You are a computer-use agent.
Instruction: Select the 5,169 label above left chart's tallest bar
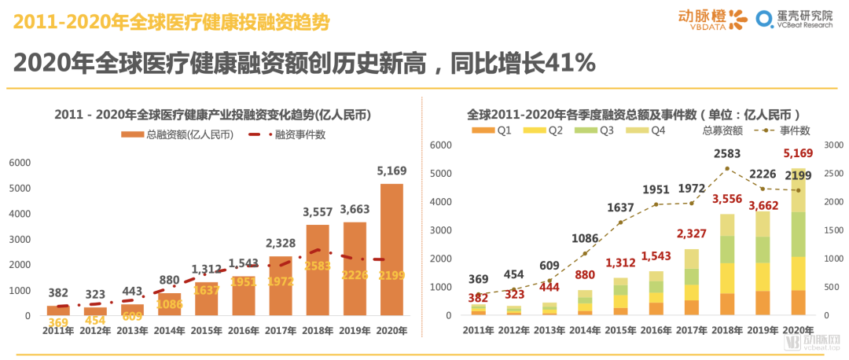coord(391,171)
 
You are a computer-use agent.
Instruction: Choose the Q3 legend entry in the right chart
coord(595,130)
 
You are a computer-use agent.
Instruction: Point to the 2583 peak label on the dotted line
coord(727,153)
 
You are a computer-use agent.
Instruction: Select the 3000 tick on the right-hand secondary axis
coord(832,145)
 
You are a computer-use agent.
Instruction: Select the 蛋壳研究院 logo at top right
coord(795,19)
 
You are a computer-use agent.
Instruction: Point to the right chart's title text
coord(633,114)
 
